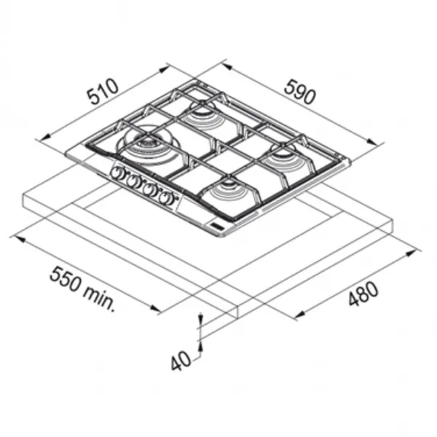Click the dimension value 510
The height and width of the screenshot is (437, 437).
[103, 92]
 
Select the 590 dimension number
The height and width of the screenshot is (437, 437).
[300, 92]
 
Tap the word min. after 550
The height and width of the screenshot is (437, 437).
[99, 299]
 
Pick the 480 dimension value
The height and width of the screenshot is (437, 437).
[363, 294]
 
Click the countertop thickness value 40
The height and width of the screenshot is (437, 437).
[181, 361]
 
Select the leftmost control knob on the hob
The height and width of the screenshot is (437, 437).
[117, 173]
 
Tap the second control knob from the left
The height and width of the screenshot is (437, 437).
[134, 181]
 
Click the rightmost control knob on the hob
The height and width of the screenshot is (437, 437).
[167, 198]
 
